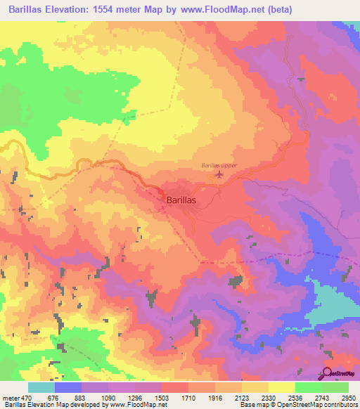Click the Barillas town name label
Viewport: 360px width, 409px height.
coord(181,200)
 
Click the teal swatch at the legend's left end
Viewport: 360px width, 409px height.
coord(41,387)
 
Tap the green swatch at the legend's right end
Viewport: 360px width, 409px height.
coord(335,387)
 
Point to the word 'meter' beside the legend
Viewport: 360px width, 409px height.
coord(12,397)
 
